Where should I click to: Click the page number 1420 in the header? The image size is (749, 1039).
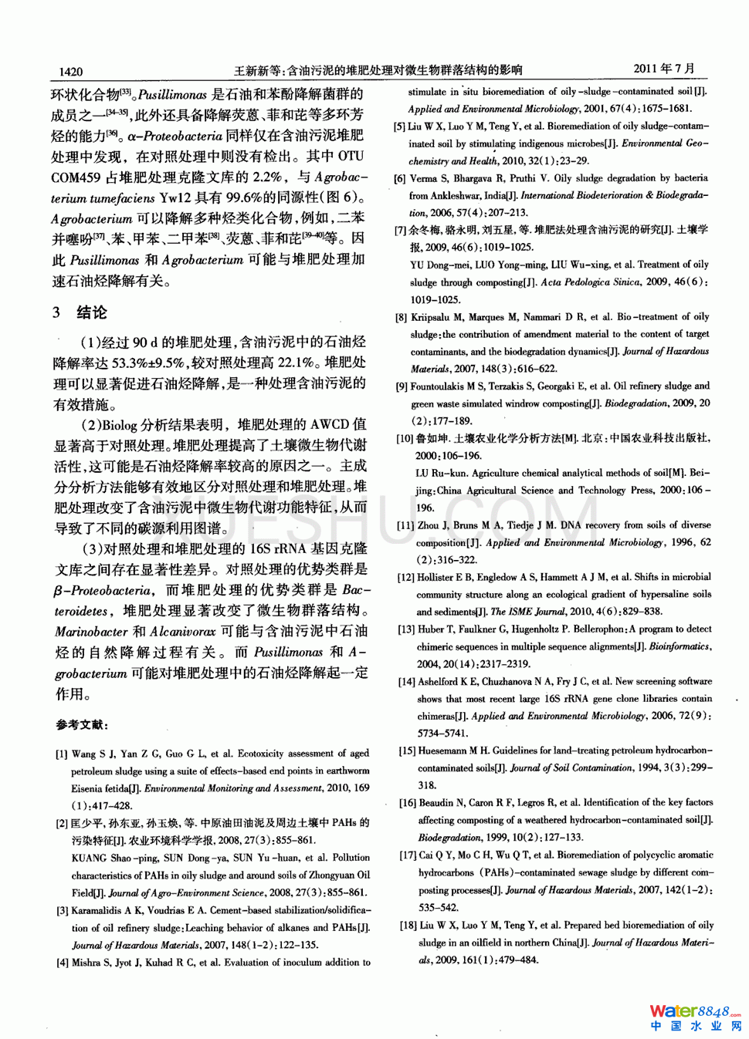click(70, 72)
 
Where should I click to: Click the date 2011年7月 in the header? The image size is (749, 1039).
click(664, 69)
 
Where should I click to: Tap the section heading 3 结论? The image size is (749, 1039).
click(80, 312)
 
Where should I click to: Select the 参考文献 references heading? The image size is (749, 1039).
click(82, 725)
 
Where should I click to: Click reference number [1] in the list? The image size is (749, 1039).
click(62, 754)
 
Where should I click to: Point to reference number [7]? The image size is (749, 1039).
click(400, 230)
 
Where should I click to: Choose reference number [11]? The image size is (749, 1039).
click(405, 525)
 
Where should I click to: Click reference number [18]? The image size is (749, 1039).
click(408, 926)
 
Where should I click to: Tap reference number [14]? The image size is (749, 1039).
click(406, 682)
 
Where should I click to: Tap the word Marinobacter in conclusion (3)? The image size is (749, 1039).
click(91, 632)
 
